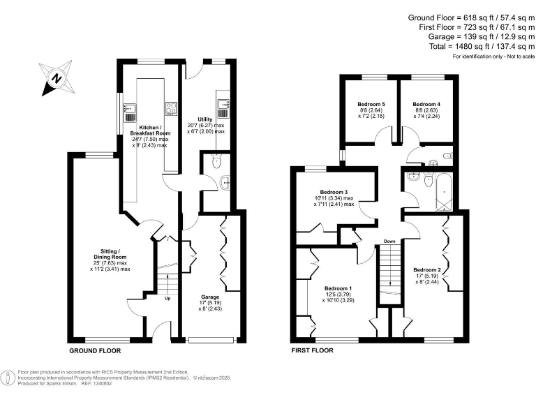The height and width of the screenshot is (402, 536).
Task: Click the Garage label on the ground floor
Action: point(211,297)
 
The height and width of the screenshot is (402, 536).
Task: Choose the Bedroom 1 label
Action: point(341,288)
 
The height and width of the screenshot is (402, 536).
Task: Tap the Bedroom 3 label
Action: point(334,193)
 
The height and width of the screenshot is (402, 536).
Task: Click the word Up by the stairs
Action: point(167,299)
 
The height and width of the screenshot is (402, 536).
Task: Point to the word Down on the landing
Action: point(389,241)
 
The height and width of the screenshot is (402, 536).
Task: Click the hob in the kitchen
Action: point(170,107)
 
